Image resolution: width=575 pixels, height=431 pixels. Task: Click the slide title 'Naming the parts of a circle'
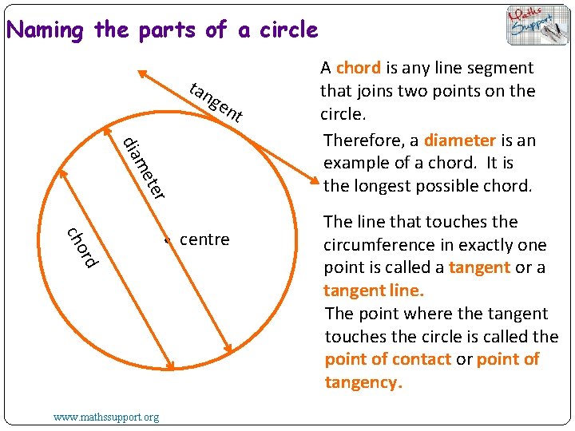pyautogui.click(x=162, y=30)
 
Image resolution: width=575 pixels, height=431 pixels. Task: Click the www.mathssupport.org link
pyautogui.click(x=106, y=417)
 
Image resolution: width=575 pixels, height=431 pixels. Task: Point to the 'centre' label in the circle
pyautogui.click(x=204, y=239)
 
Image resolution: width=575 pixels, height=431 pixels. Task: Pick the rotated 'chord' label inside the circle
pyautogui.click(x=82, y=248)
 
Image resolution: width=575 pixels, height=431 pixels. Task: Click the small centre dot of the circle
pyautogui.click(x=167, y=240)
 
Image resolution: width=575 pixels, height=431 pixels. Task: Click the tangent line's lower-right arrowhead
pyautogui.click(x=317, y=180)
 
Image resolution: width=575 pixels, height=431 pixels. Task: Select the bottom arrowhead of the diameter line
pyautogui.click(x=229, y=349)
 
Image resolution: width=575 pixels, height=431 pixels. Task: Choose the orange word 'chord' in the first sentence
pyautogui.click(x=358, y=68)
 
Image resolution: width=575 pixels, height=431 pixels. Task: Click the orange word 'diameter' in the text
pyautogui.click(x=460, y=140)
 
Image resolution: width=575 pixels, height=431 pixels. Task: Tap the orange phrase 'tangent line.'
pyautogui.click(x=374, y=291)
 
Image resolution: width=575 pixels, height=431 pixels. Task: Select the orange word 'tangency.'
pyautogui.click(x=362, y=382)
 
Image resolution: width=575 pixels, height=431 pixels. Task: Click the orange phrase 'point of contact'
pyautogui.click(x=388, y=359)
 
